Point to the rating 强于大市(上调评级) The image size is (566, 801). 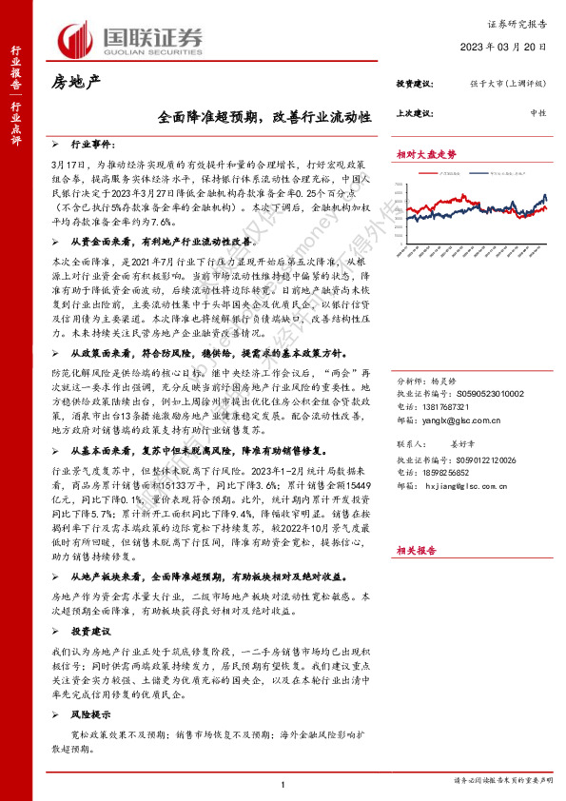(506, 86)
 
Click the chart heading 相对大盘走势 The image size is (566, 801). (426, 153)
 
